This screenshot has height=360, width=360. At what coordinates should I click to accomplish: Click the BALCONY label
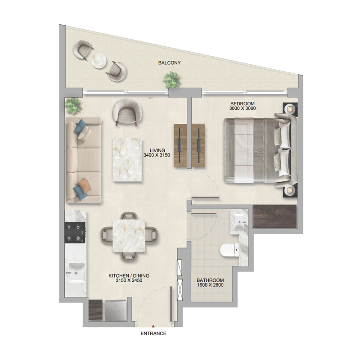click(x=169, y=63)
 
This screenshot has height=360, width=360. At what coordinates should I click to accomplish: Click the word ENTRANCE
click(x=153, y=333)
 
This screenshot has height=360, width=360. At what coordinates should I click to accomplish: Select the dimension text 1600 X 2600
click(x=210, y=285)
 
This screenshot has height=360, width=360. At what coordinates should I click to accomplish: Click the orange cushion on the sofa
click(x=85, y=184)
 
